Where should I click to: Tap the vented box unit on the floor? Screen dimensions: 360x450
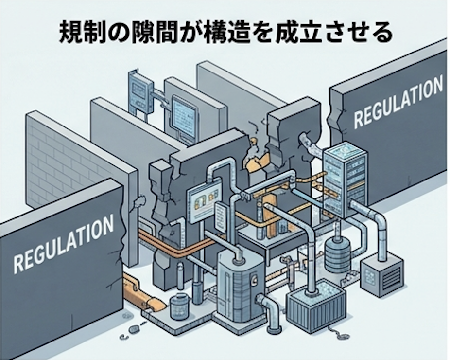click(381, 274)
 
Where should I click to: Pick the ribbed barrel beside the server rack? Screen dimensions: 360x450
click(337, 254)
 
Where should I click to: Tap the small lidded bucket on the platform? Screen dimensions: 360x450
click(179, 306)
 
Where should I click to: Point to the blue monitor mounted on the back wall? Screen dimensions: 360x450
click(184, 115)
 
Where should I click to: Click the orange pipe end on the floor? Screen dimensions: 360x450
click(155, 305)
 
